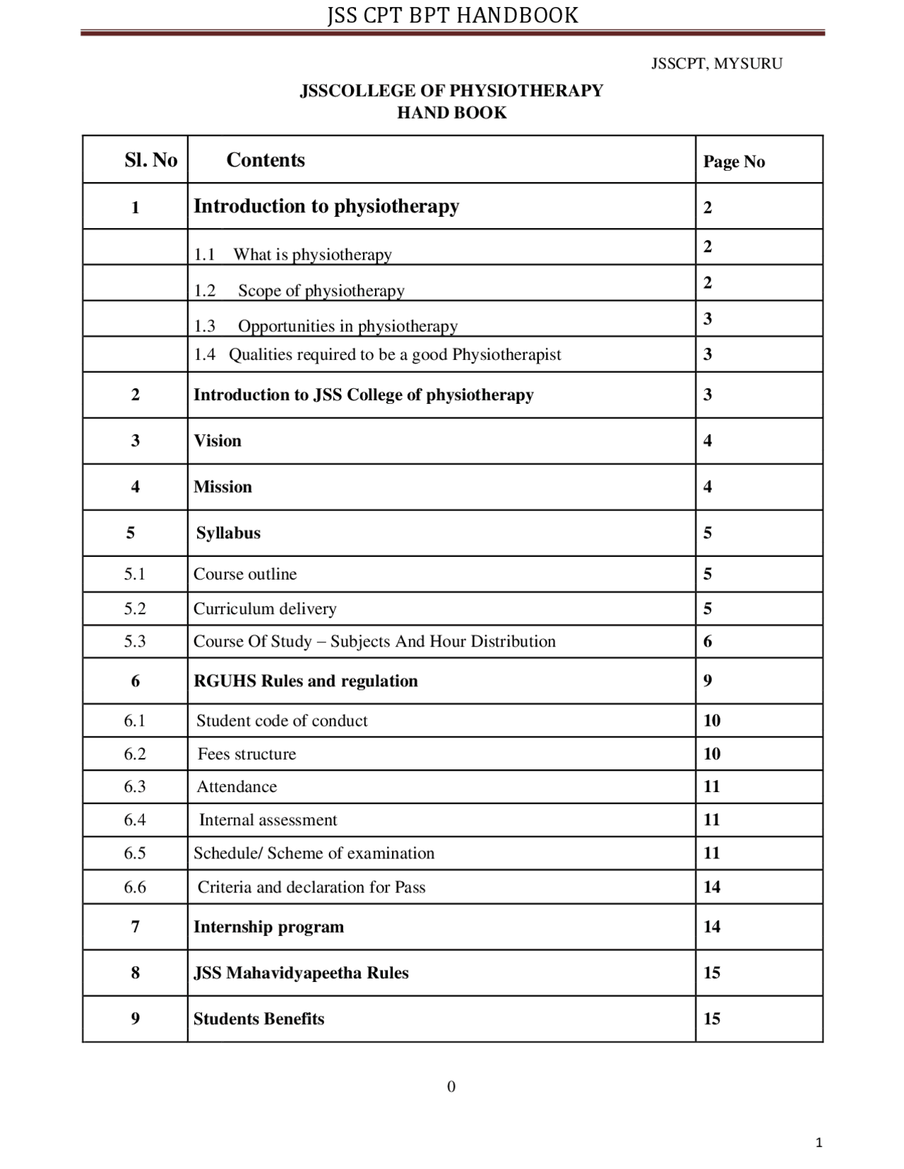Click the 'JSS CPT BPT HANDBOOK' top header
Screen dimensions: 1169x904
coord(452,16)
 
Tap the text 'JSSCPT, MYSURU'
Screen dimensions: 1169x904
coord(716,64)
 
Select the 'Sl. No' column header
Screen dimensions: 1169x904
coord(150,160)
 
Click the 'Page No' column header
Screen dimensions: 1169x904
coord(734,162)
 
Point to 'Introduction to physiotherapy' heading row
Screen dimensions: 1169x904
coord(326,206)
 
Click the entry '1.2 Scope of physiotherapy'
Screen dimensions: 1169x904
coord(299,290)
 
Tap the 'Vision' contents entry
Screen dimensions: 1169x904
coord(218,440)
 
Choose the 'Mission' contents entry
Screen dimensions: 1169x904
coord(222,486)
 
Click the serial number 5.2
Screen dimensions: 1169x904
coord(135,609)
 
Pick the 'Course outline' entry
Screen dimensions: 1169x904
coord(245,574)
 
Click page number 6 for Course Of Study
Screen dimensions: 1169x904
coord(708,641)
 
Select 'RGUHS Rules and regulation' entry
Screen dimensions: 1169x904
coord(306,681)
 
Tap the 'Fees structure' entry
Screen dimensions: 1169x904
coord(246,754)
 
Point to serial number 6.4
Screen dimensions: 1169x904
coord(135,820)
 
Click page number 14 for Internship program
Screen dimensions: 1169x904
coord(711,927)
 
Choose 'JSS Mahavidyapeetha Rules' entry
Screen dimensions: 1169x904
coord(301,973)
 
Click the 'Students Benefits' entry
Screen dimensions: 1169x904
coord(258,1019)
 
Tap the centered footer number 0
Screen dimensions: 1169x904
coord(451,1086)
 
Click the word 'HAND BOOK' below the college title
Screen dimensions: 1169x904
coord(452,113)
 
